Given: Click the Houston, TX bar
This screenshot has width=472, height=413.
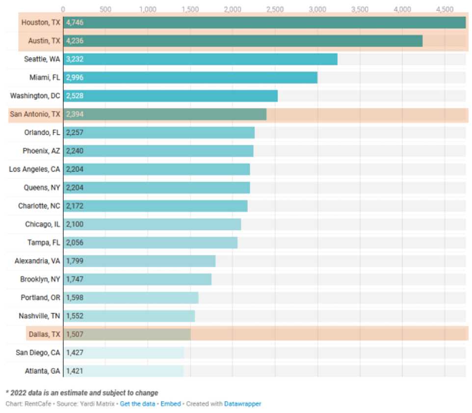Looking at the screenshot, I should coord(265,23).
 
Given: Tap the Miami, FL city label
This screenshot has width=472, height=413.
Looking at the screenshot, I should coord(45,77).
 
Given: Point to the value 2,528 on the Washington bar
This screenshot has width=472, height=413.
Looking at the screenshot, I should coord(75,96).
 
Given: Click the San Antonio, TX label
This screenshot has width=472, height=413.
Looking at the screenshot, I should coord(35,114).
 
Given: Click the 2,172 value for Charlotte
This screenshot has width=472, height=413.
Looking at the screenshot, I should coord(75,206).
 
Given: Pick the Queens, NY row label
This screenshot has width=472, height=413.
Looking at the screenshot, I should coord(42,188).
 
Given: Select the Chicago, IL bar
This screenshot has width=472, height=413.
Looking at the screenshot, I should coord(152,224).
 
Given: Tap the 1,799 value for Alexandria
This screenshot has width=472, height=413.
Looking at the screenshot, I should coord(75,261).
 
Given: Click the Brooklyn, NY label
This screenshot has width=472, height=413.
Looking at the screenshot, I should coord(40,279).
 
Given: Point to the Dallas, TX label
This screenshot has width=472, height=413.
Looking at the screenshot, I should coord(45,334).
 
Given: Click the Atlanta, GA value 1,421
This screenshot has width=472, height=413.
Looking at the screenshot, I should coord(75,371).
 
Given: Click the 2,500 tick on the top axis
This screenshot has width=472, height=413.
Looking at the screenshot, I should coord(275,9).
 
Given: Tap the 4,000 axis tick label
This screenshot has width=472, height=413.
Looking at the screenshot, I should coord(402,9).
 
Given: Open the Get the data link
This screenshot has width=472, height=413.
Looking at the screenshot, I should coord(138,404).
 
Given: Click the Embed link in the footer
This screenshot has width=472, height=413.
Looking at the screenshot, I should coord(170,404).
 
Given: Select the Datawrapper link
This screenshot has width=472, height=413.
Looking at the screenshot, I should coord(242,404).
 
